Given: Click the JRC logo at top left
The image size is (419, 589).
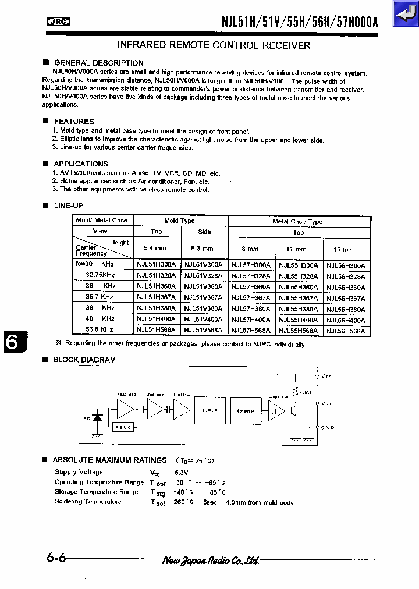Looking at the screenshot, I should [58, 23].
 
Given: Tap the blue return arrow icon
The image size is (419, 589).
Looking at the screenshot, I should [405, 14].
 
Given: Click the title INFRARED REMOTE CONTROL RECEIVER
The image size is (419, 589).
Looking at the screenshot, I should [214, 45].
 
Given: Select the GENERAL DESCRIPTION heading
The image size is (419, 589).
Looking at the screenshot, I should [98, 63].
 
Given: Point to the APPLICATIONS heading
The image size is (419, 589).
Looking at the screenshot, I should [81, 164].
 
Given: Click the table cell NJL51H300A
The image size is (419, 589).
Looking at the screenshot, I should [156, 264].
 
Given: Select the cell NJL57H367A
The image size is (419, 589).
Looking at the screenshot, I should [251, 297].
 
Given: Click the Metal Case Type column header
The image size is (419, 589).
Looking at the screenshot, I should [297, 221].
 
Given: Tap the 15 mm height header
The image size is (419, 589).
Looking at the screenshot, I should [344, 249].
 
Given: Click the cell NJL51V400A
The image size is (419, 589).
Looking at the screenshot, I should [203, 320].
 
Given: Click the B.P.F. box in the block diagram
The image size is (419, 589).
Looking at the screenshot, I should [210, 411].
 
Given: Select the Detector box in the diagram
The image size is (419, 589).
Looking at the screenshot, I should [246, 411].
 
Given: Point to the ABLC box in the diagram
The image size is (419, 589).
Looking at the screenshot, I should [123, 427].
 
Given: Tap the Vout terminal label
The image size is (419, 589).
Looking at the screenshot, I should [327, 403].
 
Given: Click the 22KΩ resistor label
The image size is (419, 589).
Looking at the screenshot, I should [305, 392].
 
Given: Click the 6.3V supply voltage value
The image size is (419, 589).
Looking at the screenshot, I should [182, 473].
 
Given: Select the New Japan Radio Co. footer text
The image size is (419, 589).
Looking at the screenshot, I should [210, 560].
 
